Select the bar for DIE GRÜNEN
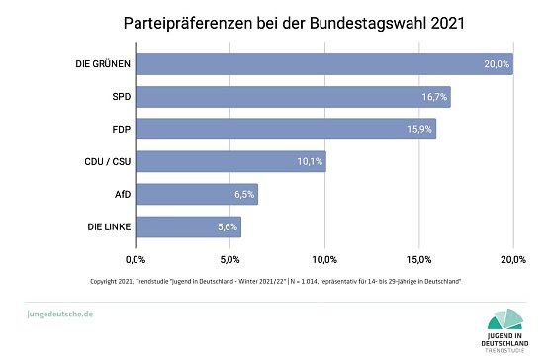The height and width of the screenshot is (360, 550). coord(323,64)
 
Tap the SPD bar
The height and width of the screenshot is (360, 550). coord(293,97)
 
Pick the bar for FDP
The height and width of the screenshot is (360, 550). coord(285,130)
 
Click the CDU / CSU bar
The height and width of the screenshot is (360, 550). coord(230,162)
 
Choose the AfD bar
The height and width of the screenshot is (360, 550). coord(196,195)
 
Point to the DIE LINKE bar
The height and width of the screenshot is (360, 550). coord(188,227)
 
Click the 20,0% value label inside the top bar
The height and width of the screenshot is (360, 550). coord(496,64)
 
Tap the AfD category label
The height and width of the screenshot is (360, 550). coord(121,195)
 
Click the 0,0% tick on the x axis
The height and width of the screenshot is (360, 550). coord(136,259)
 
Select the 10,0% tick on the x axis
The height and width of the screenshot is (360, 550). coord(324,259)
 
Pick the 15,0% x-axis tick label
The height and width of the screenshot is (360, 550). coord(419,259)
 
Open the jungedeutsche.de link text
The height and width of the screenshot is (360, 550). coord(59,313)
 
